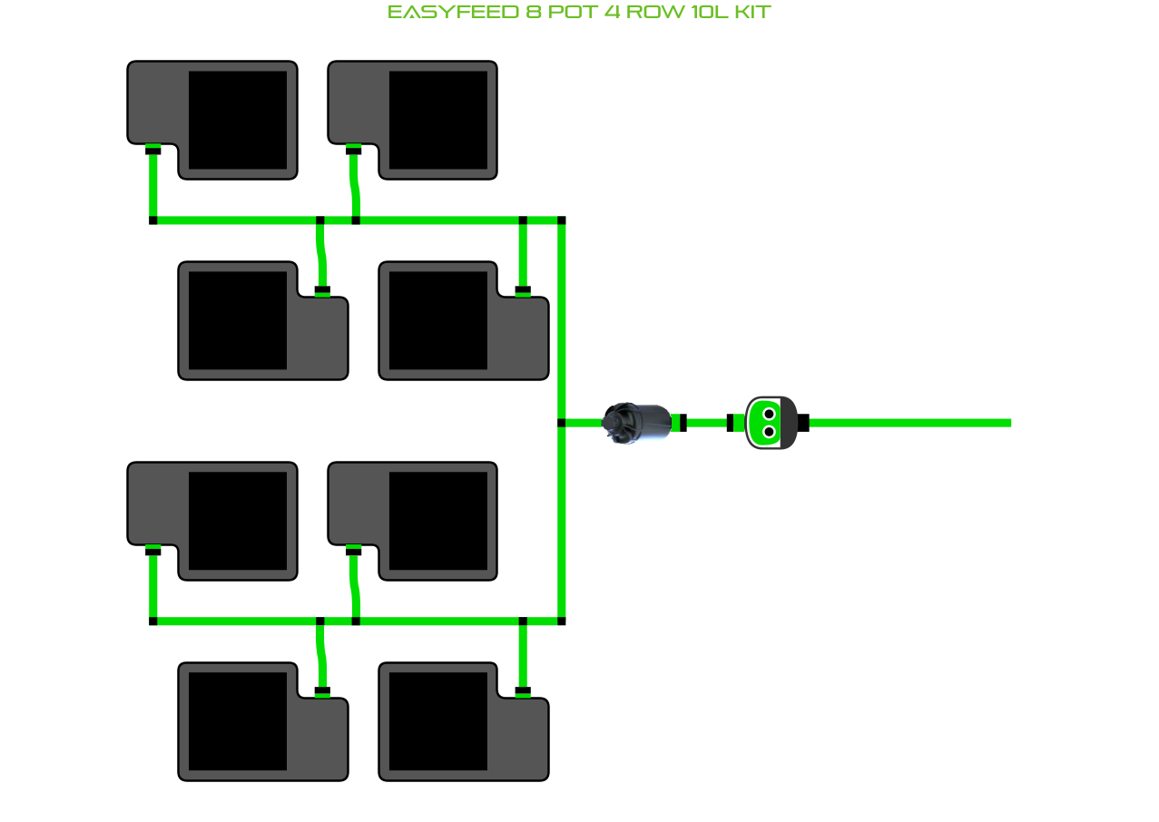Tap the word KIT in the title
pyautogui.click(x=752, y=13)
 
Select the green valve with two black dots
pyautogui.click(x=770, y=423)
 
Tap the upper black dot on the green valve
pyautogui.click(x=769, y=414)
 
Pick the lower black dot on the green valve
pyautogui.click(x=769, y=432)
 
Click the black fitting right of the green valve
pyautogui.click(x=802, y=423)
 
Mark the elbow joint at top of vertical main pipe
pyautogui.click(x=561, y=220)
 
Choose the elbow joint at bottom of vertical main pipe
pyautogui.click(x=561, y=621)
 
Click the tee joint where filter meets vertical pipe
pyautogui.click(x=561, y=423)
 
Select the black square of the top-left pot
pyautogui.click(x=238, y=120)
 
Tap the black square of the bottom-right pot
pyautogui.click(x=438, y=721)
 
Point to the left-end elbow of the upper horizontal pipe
pyautogui.click(x=152, y=220)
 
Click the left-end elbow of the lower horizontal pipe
pyautogui.click(x=152, y=621)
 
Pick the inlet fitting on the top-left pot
pyautogui.click(x=152, y=150)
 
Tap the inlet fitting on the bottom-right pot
pyautogui.click(x=523, y=691)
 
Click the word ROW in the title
pyautogui.click(x=652, y=13)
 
